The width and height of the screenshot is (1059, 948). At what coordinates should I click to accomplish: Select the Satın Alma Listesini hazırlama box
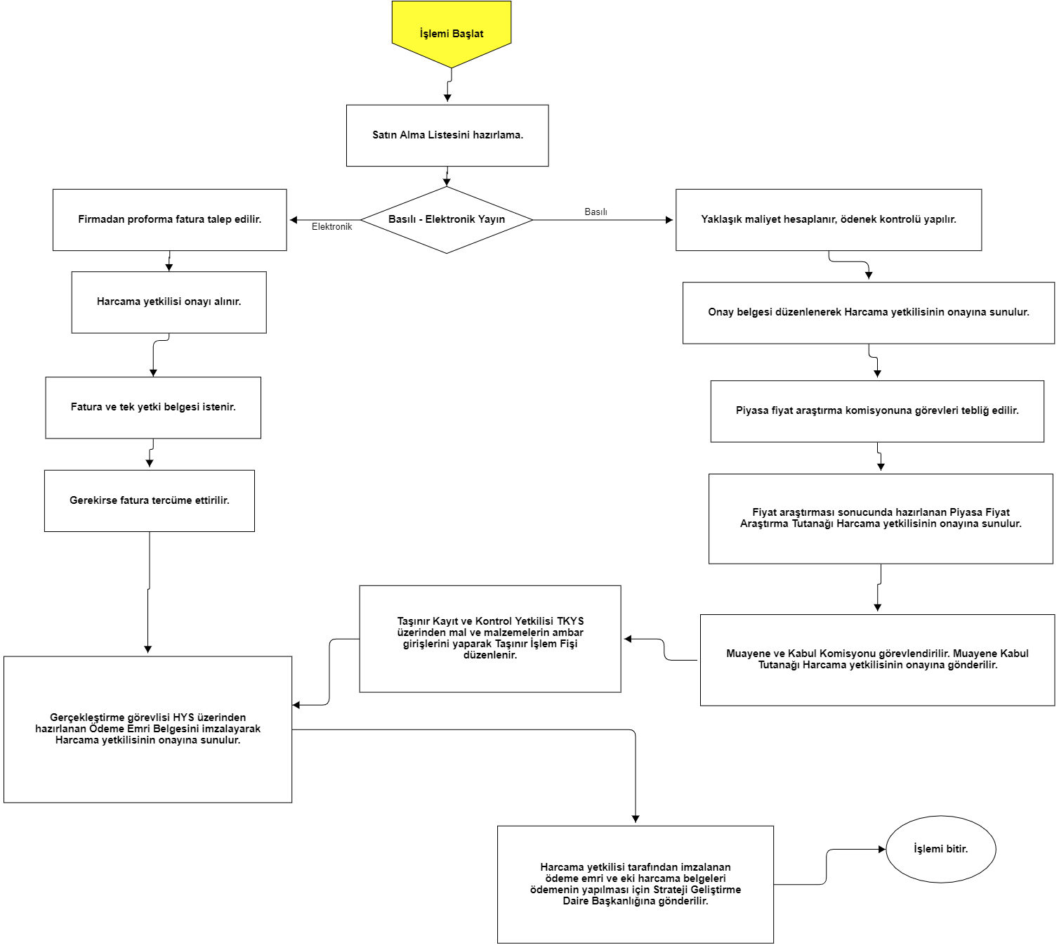(x=447, y=136)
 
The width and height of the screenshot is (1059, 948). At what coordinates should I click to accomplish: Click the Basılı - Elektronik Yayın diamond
(x=447, y=220)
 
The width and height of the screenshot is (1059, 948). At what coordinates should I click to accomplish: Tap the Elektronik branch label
(x=331, y=226)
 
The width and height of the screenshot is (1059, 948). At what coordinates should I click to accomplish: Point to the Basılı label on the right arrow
(x=596, y=212)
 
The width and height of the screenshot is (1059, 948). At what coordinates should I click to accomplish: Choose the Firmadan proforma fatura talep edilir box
(x=169, y=220)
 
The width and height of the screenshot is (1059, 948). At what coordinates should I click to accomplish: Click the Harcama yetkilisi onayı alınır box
(x=169, y=302)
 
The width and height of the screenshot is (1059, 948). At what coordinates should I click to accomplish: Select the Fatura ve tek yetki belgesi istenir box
(x=153, y=408)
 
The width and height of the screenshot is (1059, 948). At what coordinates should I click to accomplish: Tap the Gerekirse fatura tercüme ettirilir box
(x=150, y=500)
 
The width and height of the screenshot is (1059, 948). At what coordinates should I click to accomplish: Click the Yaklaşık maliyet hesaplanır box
(x=828, y=220)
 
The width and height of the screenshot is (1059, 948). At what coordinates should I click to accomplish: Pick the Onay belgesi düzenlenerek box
(x=868, y=313)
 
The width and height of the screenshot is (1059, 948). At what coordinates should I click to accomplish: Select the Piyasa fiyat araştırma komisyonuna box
(x=877, y=411)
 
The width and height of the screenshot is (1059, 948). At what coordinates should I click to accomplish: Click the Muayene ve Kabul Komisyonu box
(x=877, y=660)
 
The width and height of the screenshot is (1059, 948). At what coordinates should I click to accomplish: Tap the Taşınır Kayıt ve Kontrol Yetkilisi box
(x=489, y=639)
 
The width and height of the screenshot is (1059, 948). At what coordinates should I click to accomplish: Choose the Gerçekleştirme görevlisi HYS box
(x=147, y=729)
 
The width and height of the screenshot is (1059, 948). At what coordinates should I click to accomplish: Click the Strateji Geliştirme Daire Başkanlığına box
(x=635, y=884)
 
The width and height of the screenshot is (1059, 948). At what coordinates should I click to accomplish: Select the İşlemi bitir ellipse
(x=940, y=849)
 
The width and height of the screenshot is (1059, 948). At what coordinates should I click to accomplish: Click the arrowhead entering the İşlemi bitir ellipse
(x=882, y=849)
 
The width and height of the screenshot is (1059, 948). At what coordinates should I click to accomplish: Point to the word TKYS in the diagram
(x=570, y=621)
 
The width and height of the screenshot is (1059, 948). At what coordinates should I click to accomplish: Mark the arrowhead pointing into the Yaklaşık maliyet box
(x=669, y=220)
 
